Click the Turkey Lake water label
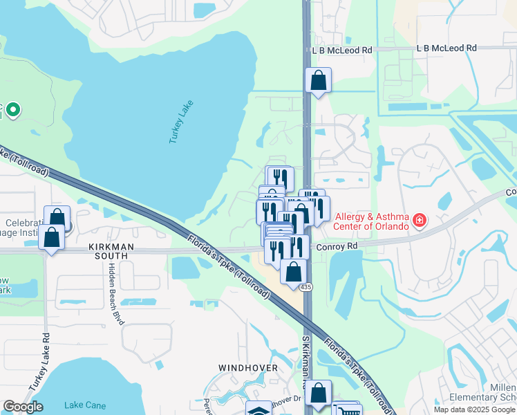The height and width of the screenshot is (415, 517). pos(182,122)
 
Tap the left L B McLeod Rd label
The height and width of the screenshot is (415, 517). pos(341,50)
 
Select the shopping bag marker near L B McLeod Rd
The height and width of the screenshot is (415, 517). pos(318,81)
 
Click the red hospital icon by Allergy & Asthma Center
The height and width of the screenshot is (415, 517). pos(419,221)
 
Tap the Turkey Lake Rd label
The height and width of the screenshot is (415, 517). pos(46,360)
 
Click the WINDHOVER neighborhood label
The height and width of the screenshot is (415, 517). pos(248,368)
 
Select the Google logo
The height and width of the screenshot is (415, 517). pos(23,407)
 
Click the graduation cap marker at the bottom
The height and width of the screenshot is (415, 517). pos(259,410)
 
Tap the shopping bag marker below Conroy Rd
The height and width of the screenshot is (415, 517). pos(294,271)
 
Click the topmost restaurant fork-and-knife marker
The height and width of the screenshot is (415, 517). pos(280,178)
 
